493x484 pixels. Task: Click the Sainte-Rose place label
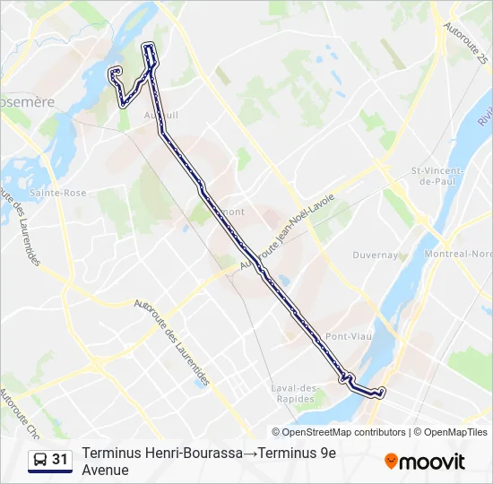pyautogui.click(x=57, y=193)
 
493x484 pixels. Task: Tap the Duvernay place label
pyautogui.click(x=376, y=255)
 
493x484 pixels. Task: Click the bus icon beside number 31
pyautogui.click(x=39, y=461)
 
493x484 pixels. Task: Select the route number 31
pyautogui.click(x=60, y=460)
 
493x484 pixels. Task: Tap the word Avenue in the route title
pyautogui.click(x=105, y=471)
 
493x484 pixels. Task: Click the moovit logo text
pyautogui.click(x=433, y=462)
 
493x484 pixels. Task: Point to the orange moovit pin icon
pyautogui.click(x=391, y=462)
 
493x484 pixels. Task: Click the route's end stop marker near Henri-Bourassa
pyautogui.click(x=382, y=392)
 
